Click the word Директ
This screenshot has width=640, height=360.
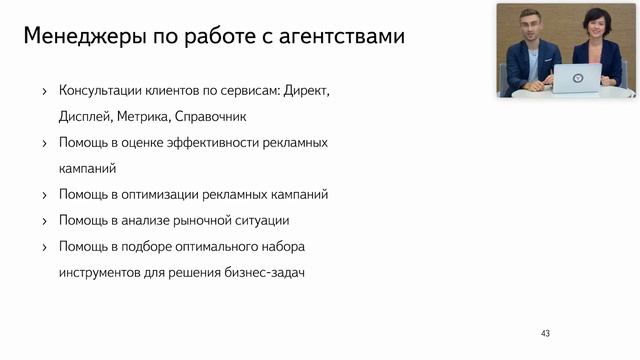[x=306, y=91]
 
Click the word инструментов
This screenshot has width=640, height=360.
[x=101, y=271]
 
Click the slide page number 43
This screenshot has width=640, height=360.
[x=545, y=333]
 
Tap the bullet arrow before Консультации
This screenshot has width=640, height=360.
[x=44, y=92]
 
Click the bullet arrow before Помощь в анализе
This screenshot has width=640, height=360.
[x=44, y=220]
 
